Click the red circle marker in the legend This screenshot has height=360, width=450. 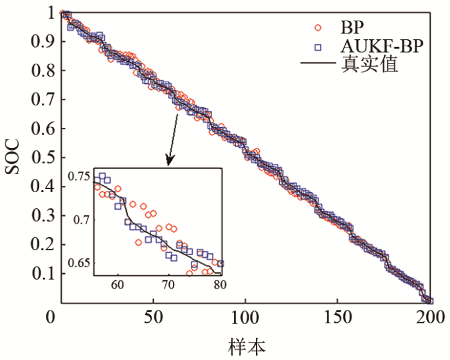(x=316, y=27)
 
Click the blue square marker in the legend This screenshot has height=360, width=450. (x=316, y=46)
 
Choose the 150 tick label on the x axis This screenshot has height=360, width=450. (x=337, y=317)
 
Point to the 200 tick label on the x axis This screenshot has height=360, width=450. (x=429, y=317)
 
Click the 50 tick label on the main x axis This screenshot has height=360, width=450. (x=152, y=317)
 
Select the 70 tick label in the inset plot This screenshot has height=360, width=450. (x=168, y=283)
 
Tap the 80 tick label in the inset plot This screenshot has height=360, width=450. (x=219, y=283)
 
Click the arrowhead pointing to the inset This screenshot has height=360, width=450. (x=170, y=161)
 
